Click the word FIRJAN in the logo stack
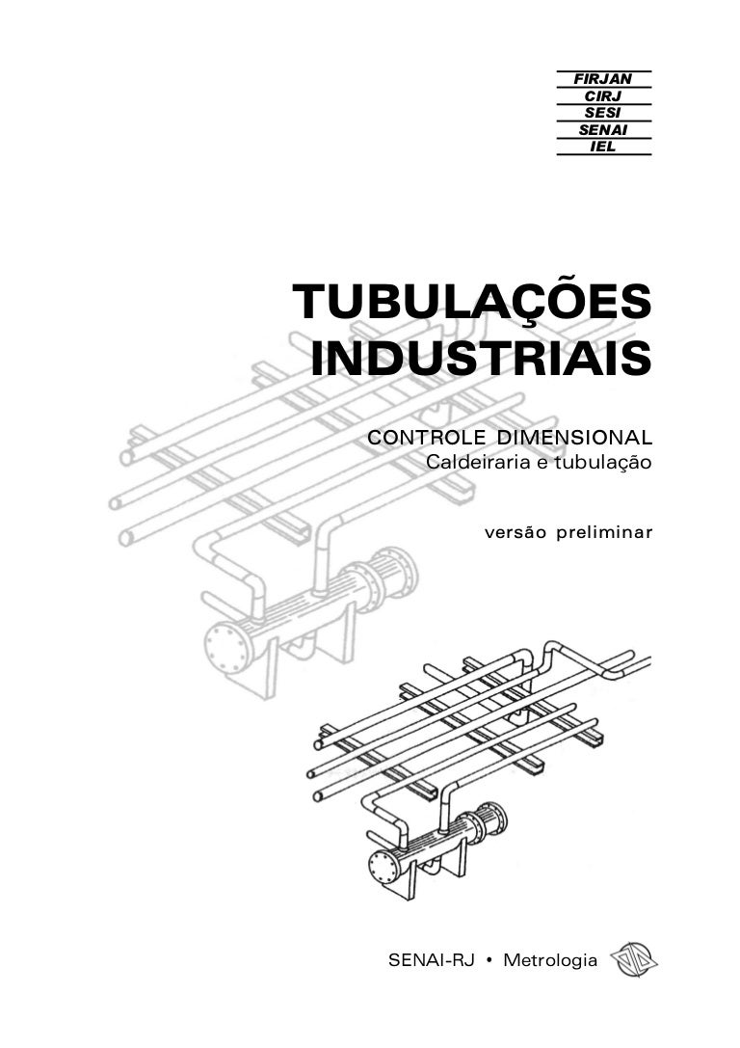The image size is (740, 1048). [602, 79]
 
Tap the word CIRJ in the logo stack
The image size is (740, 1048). [602, 96]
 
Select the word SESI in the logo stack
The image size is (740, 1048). [602, 113]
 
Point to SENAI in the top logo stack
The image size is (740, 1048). [602, 130]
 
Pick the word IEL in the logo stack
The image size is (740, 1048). [602, 147]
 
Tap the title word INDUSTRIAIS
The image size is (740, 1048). [481, 358]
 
